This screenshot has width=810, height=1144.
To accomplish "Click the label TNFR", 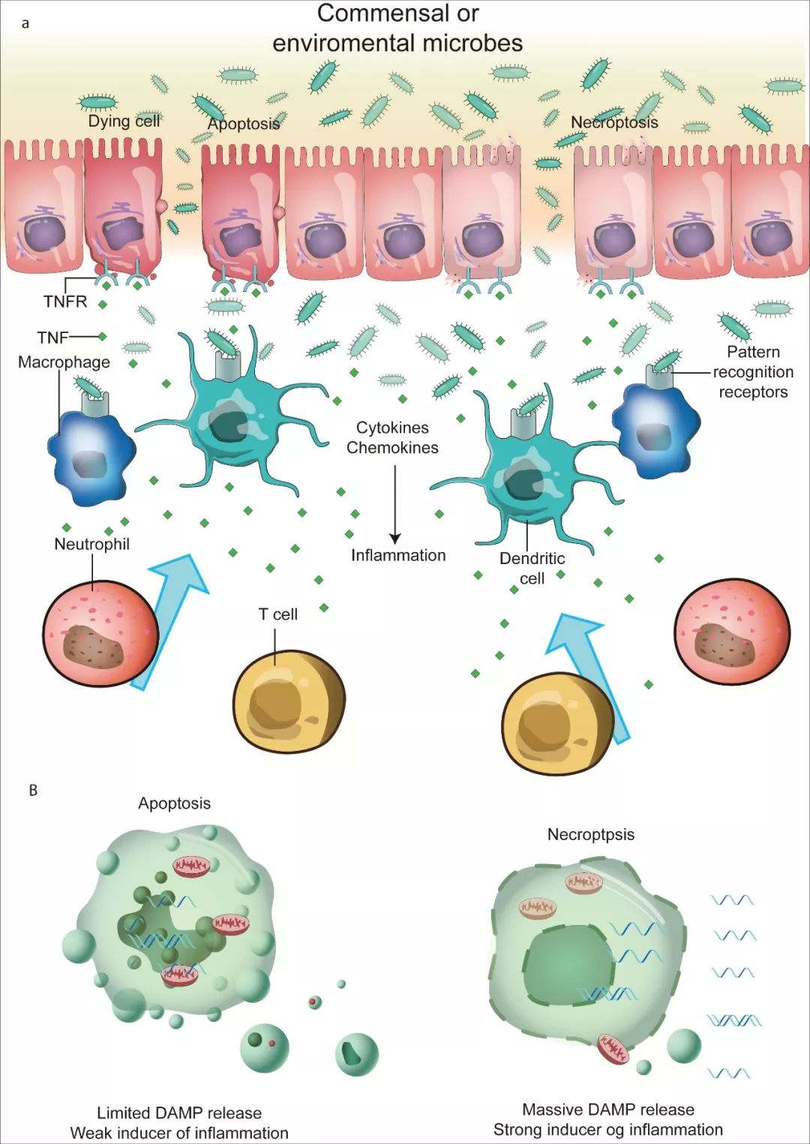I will tap(65, 302).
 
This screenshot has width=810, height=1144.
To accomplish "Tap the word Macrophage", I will tap(64, 362).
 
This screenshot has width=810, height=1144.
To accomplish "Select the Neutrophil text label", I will tap(91, 544).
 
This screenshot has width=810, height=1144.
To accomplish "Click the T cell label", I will tap(278, 614).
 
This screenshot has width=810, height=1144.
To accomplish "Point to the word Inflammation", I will tap(398, 555).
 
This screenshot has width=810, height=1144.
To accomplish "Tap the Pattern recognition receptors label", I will tap(753, 372).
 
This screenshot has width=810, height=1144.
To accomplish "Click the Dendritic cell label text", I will tap(532, 568).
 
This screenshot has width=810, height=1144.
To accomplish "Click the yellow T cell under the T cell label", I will tap(289, 701).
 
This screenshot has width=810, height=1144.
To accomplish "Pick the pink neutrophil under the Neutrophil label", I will tap(100, 633).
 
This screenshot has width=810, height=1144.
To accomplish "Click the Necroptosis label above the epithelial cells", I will tap(614, 122).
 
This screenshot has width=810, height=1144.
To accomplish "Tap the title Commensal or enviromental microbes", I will tap(397, 29).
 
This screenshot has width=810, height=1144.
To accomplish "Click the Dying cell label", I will tap(124, 121).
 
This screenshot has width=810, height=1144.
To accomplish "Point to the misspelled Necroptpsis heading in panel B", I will tap(590, 834).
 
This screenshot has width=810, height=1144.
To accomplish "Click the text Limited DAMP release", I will tap(179, 1112).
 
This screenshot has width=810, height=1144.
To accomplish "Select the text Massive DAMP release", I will tap(608, 1109).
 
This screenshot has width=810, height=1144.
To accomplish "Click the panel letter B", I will tap(33, 790).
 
